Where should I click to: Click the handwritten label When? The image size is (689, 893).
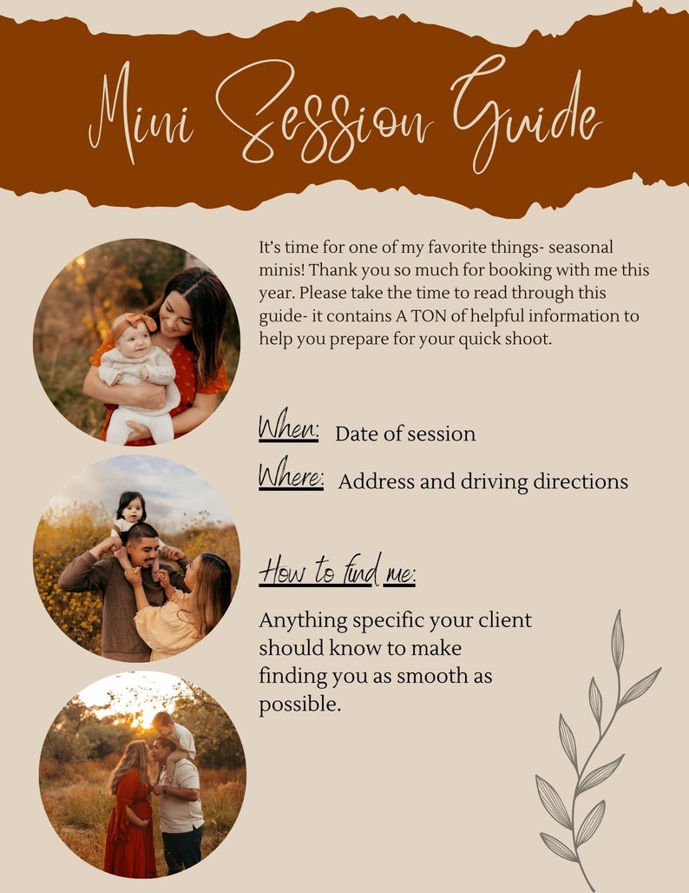click(x=289, y=430)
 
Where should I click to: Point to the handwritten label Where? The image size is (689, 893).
click(x=291, y=478)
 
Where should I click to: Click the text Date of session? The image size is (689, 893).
click(x=405, y=433)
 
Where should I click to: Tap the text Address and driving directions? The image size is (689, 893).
click(x=482, y=481)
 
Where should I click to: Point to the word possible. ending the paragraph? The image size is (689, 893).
click(x=299, y=704)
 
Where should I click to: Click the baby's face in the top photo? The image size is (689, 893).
click(x=135, y=341)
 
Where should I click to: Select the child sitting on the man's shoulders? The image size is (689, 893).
click(x=133, y=513)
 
